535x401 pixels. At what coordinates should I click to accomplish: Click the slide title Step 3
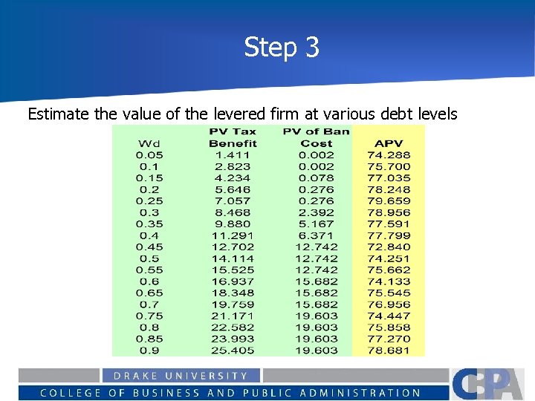(x=282, y=48)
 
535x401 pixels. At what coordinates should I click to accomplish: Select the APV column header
(x=389, y=143)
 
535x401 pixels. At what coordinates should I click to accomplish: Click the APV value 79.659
(x=389, y=200)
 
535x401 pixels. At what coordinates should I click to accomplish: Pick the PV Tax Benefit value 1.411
(x=233, y=155)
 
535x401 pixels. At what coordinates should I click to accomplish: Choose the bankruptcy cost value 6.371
(x=316, y=235)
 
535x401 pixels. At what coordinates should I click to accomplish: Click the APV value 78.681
(x=389, y=350)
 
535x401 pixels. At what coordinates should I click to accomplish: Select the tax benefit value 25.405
(x=233, y=350)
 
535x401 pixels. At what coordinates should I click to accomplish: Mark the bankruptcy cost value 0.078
(x=316, y=178)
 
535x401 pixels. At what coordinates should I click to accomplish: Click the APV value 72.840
(x=389, y=247)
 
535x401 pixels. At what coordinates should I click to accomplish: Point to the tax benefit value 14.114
(x=233, y=258)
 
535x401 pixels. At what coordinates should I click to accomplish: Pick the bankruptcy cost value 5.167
(x=316, y=224)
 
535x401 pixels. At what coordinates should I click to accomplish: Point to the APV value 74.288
(x=389, y=155)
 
